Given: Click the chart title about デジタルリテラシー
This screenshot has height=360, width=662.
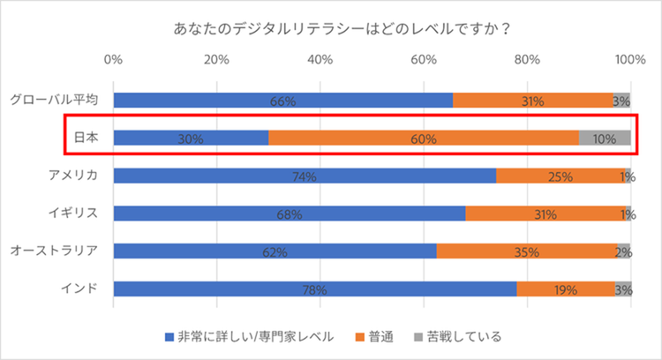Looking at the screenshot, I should tap(331, 27).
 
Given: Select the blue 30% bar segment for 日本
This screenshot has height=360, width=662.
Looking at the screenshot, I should tap(191, 138).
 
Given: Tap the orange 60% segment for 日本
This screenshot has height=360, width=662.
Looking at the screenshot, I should tap(423, 138).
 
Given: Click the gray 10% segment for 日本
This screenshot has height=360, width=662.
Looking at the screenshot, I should tap(605, 138).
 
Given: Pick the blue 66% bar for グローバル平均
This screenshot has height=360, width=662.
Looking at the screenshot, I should tap(282, 101).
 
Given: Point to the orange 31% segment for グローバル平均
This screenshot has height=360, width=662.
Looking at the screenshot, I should tap(533, 101).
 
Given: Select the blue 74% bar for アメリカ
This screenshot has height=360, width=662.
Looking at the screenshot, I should tap(305, 176).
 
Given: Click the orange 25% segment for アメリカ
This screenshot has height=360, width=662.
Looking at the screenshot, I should tap(560, 176).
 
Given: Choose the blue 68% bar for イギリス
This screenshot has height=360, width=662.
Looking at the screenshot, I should tap(289, 214).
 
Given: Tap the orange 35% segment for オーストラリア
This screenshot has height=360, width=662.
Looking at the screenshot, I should tap(527, 251).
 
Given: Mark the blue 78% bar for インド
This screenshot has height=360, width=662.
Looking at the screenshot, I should tap(314, 289).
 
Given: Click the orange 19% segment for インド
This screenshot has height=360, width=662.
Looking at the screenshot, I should tap(566, 289).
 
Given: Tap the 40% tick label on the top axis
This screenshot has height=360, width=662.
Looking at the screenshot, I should tap(320, 61).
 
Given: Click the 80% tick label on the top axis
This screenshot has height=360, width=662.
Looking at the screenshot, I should tap(527, 61).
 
